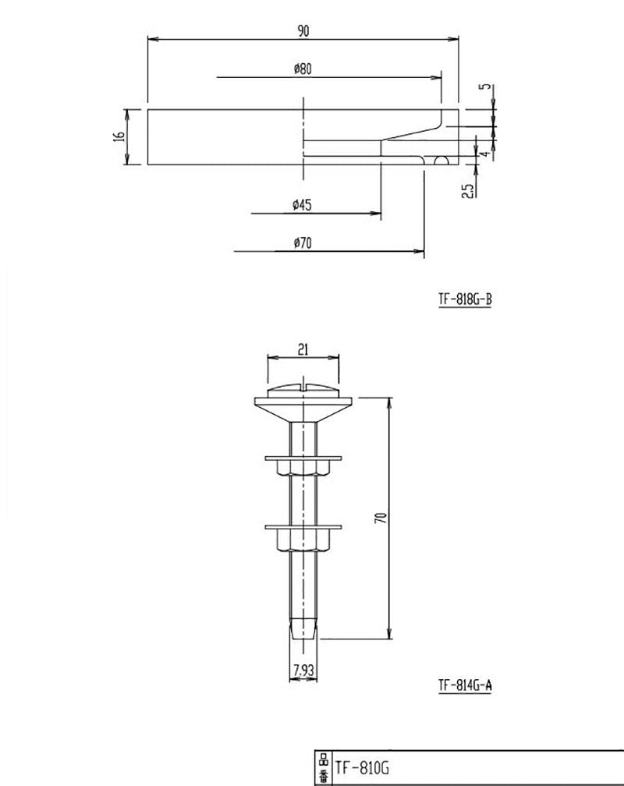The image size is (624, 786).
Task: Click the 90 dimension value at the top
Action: click(x=303, y=30)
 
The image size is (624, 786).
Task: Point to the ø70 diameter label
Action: click(x=303, y=243)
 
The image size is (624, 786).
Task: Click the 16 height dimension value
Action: click(x=119, y=136)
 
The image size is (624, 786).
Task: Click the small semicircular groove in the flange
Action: click(x=441, y=161)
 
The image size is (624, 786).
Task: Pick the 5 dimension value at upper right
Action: click(x=489, y=88)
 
